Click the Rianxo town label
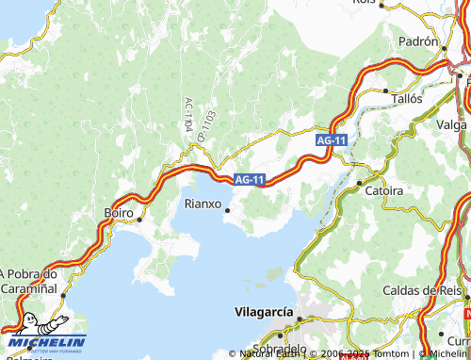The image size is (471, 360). point(203,204)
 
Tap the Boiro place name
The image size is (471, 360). point(119,214)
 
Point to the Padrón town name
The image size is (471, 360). point(418,42)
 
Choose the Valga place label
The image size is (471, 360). point(453,123)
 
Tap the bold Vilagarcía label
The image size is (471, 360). point(263,311)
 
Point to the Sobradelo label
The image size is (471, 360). point(280,348)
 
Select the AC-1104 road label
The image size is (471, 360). point(187,114)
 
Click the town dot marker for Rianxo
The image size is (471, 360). point(226,210)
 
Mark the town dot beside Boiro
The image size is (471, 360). point(139,219)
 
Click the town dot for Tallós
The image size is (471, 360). point(386,91)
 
